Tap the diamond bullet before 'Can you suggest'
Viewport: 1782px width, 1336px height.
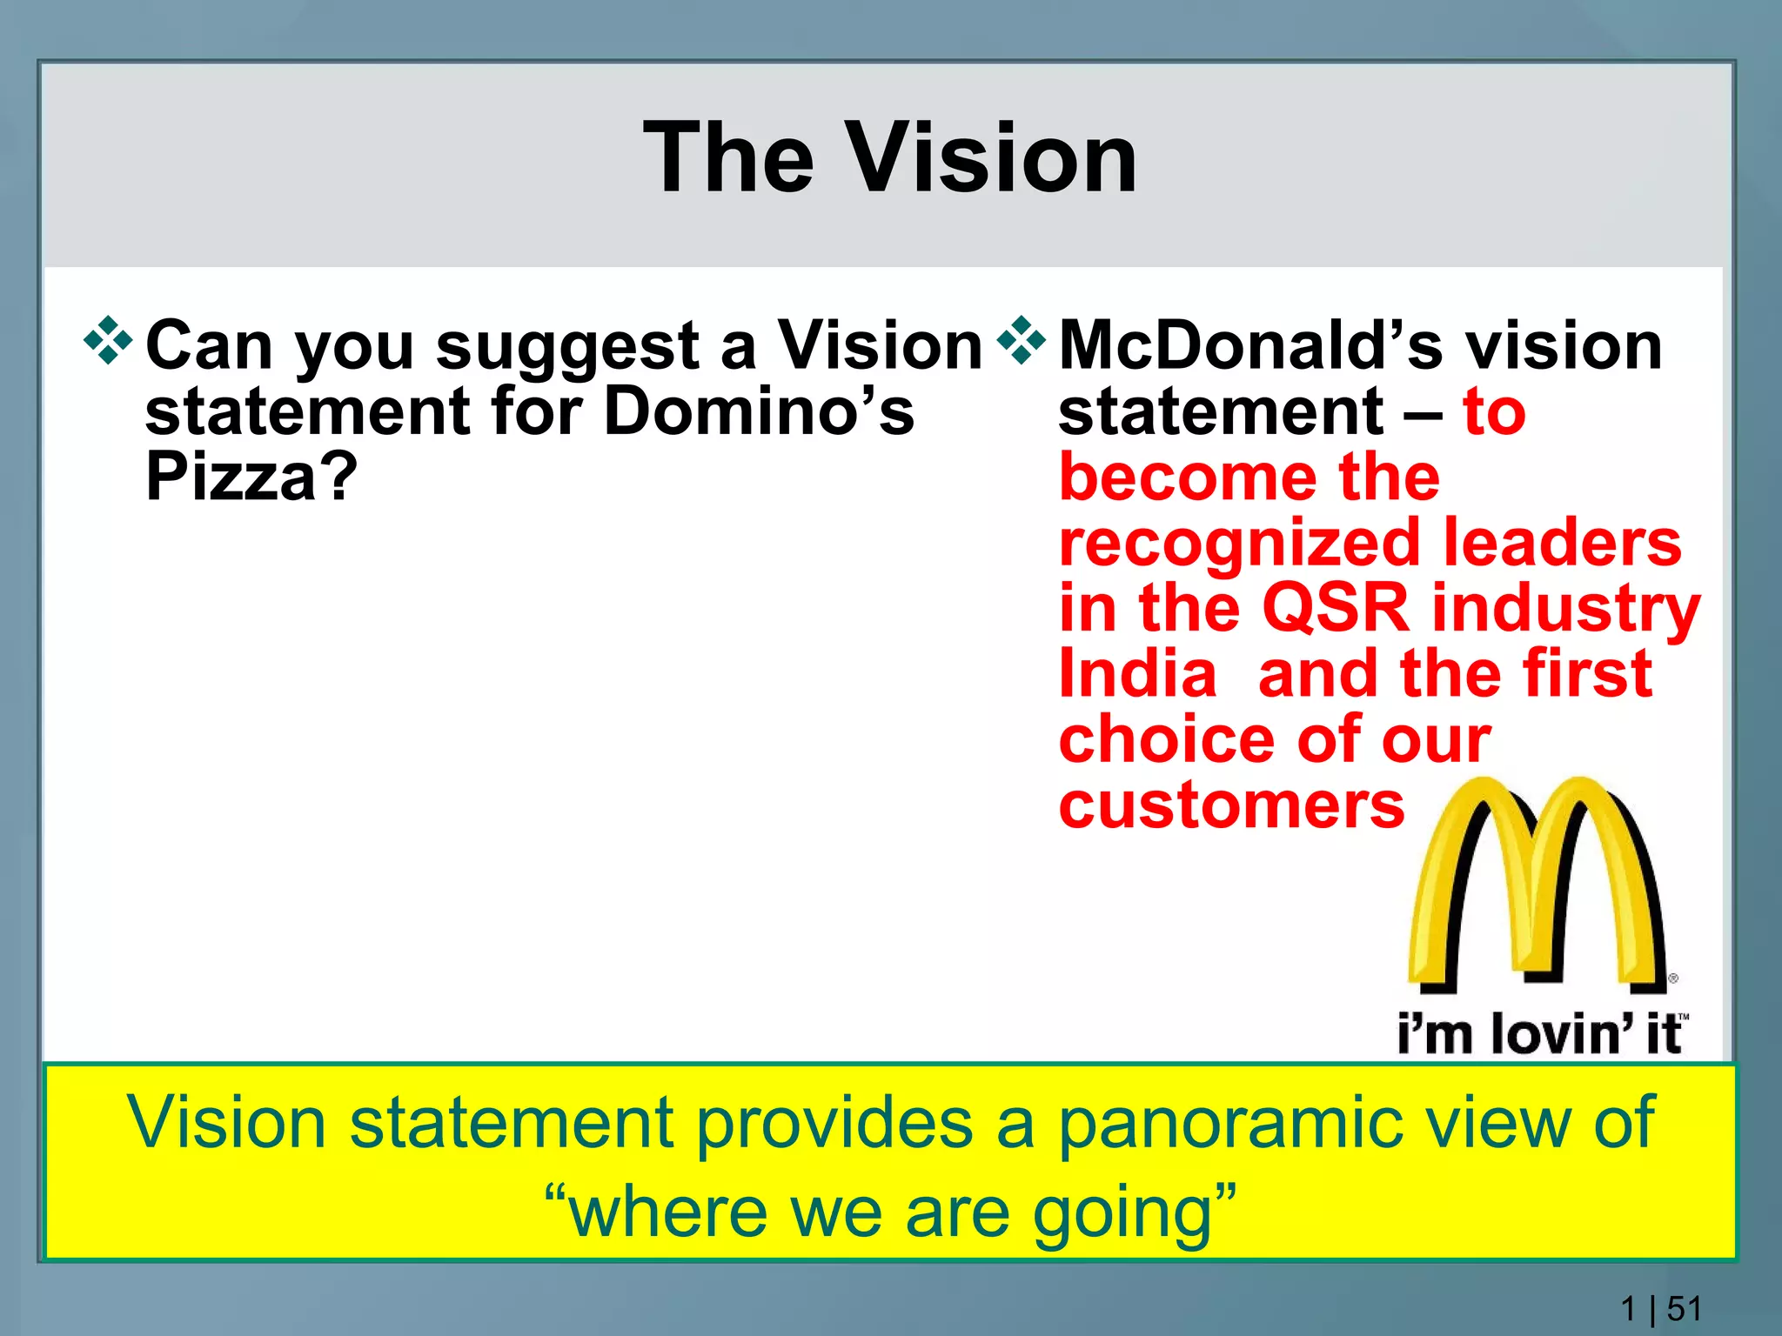point(108,342)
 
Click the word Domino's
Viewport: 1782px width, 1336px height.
point(759,411)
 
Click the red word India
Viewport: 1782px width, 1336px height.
point(1137,673)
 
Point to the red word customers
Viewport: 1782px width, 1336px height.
point(1231,805)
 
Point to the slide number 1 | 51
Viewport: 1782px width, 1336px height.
point(1660,1308)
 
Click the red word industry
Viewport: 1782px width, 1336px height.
point(1566,609)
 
